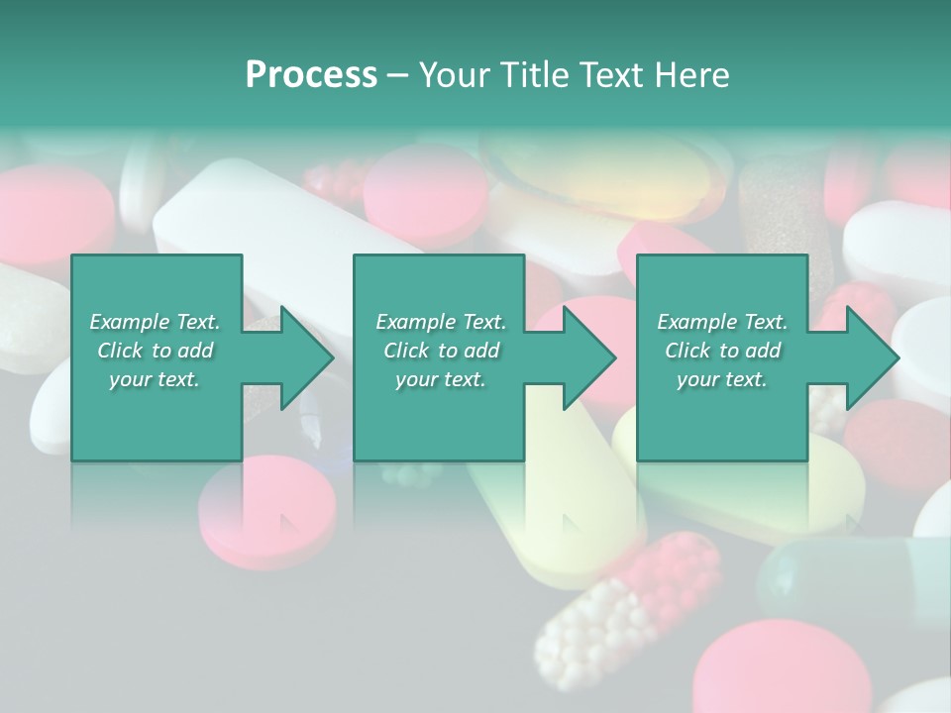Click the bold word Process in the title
[311, 75]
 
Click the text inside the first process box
[156, 351]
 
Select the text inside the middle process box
[441, 351]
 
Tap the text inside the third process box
[722, 351]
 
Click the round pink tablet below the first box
[267, 505]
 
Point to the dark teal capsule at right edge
[852, 579]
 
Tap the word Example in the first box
[129, 322]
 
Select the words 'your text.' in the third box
[722, 379]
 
